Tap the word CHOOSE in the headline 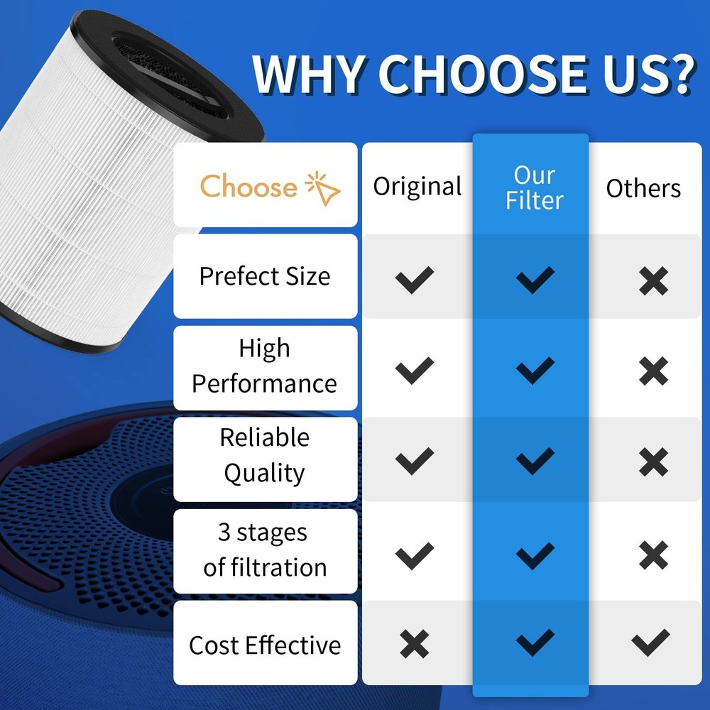(483, 74)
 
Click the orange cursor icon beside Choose (322, 188)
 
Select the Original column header (417, 186)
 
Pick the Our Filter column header (535, 187)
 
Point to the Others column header (643, 188)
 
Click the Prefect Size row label (265, 276)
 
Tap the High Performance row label (264, 366)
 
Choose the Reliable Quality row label (265, 456)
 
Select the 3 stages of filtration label (265, 550)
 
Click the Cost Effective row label (265, 645)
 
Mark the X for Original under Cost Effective (415, 643)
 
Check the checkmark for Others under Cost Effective (650, 643)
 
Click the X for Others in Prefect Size (653, 280)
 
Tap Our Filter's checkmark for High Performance (535, 371)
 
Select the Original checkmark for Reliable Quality (415, 461)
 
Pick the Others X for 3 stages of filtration (653, 555)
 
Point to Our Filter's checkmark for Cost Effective (535, 643)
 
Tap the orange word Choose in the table (248, 187)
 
